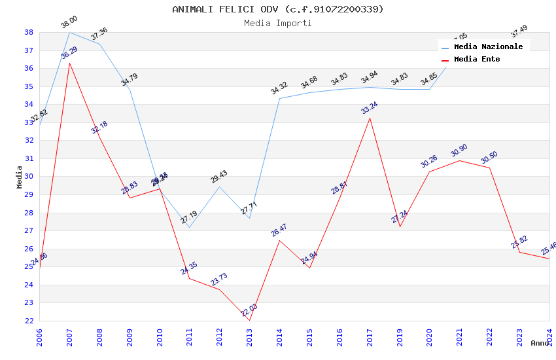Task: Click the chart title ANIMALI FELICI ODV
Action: (278, 9)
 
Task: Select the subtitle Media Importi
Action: (278, 24)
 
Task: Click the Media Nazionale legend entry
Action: (488, 47)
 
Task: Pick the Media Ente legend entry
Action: (477, 60)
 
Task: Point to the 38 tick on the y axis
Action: (29, 33)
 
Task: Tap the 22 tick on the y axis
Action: (29, 321)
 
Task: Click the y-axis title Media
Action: (20, 177)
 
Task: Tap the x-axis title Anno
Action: (540, 343)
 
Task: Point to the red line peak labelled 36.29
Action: (70, 63)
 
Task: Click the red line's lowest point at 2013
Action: (249, 320)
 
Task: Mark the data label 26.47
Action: (279, 230)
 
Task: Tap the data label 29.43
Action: (219, 177)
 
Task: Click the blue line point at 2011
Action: (190, 227)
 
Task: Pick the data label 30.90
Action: (459, 151)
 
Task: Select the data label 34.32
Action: (279, 88)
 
